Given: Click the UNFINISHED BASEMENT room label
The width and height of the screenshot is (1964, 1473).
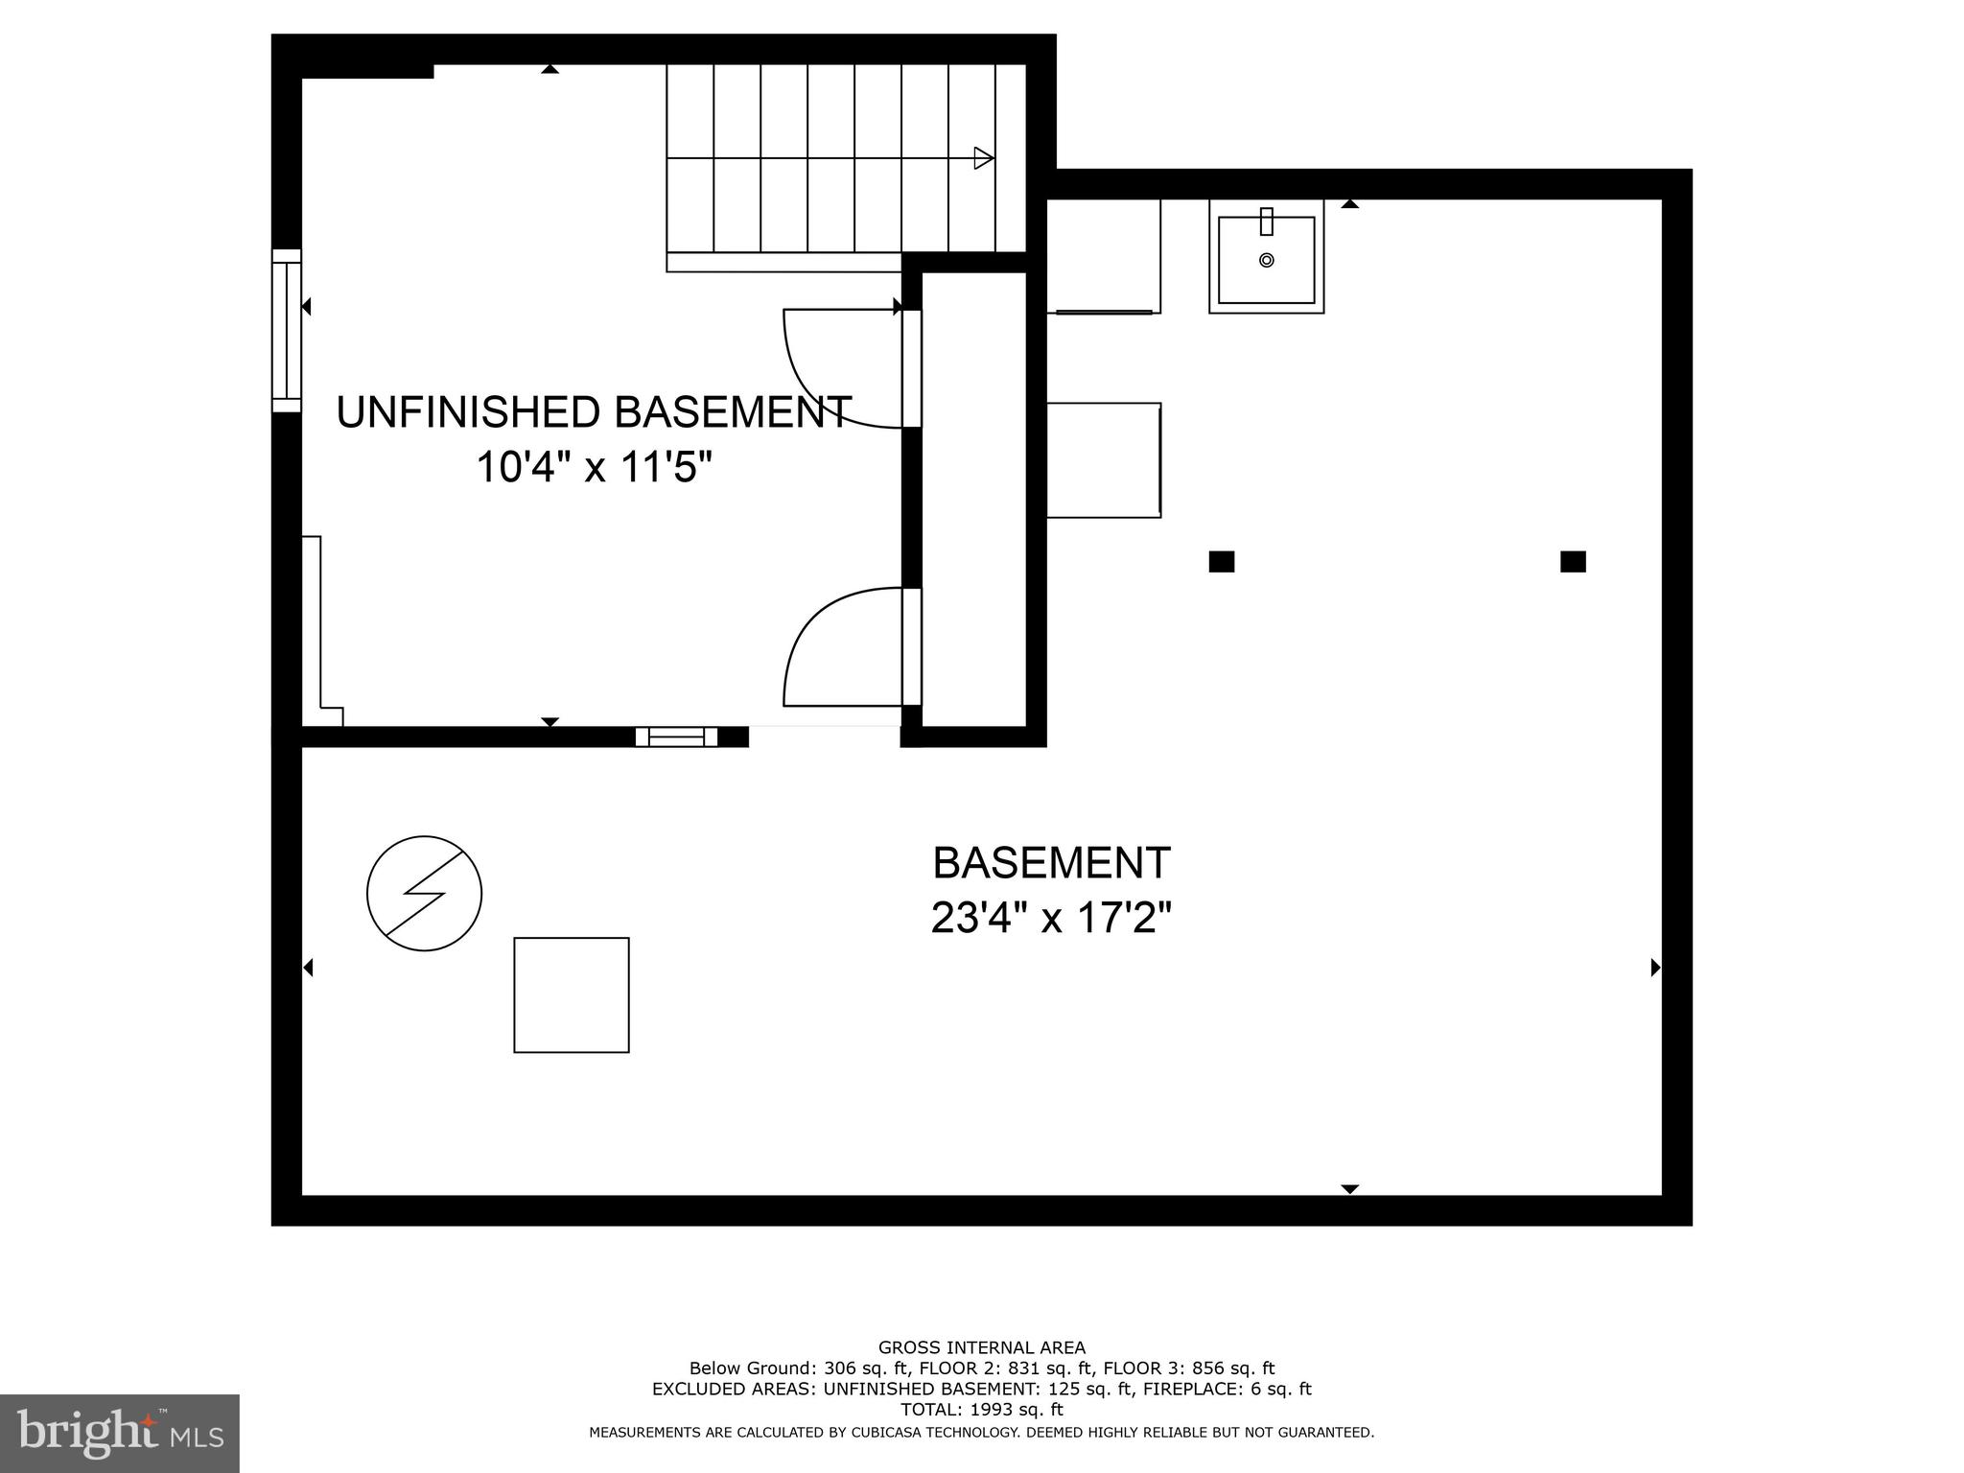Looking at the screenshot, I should [x=594, y=412].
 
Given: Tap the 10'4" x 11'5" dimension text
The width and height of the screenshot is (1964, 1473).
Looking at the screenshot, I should [x=594, y=469].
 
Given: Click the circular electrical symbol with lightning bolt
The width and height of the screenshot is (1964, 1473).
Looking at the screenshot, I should [x=424, y=894].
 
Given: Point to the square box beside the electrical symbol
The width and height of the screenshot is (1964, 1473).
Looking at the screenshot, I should [x=572, y=994].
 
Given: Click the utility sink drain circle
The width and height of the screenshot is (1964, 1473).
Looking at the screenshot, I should [x=1266, y=260].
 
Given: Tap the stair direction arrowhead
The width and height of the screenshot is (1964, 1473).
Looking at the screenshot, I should [x=983, y=158].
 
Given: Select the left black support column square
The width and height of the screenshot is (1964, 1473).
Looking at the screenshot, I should [x=1221, y=562].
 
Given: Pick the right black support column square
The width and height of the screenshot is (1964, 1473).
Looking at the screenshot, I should [x=1573, y=562].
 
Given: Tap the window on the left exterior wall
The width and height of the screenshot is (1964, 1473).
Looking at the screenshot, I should [x=286, y=331].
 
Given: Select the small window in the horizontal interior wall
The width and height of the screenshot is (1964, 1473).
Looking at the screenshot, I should [x=676, y=736].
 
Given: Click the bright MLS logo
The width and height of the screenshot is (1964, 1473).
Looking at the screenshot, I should [x=119, y=1433].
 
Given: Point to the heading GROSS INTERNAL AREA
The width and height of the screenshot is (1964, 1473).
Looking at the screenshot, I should [x=981, y=1347].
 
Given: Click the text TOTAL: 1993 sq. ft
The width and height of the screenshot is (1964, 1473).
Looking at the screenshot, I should [x=981, y=1409].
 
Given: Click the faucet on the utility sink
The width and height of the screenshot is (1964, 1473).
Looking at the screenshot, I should [x=1266, y=222].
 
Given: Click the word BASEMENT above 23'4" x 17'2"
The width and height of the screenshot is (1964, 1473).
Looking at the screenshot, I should [x=1051, y=863].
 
